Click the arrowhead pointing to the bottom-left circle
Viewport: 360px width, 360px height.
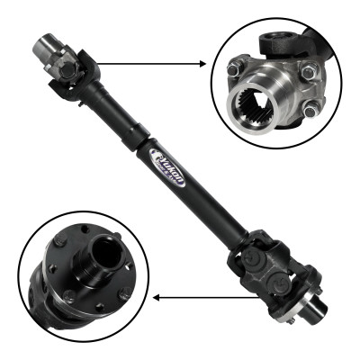click(155, 295)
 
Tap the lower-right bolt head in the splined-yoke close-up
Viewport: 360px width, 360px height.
click(310, 111)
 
